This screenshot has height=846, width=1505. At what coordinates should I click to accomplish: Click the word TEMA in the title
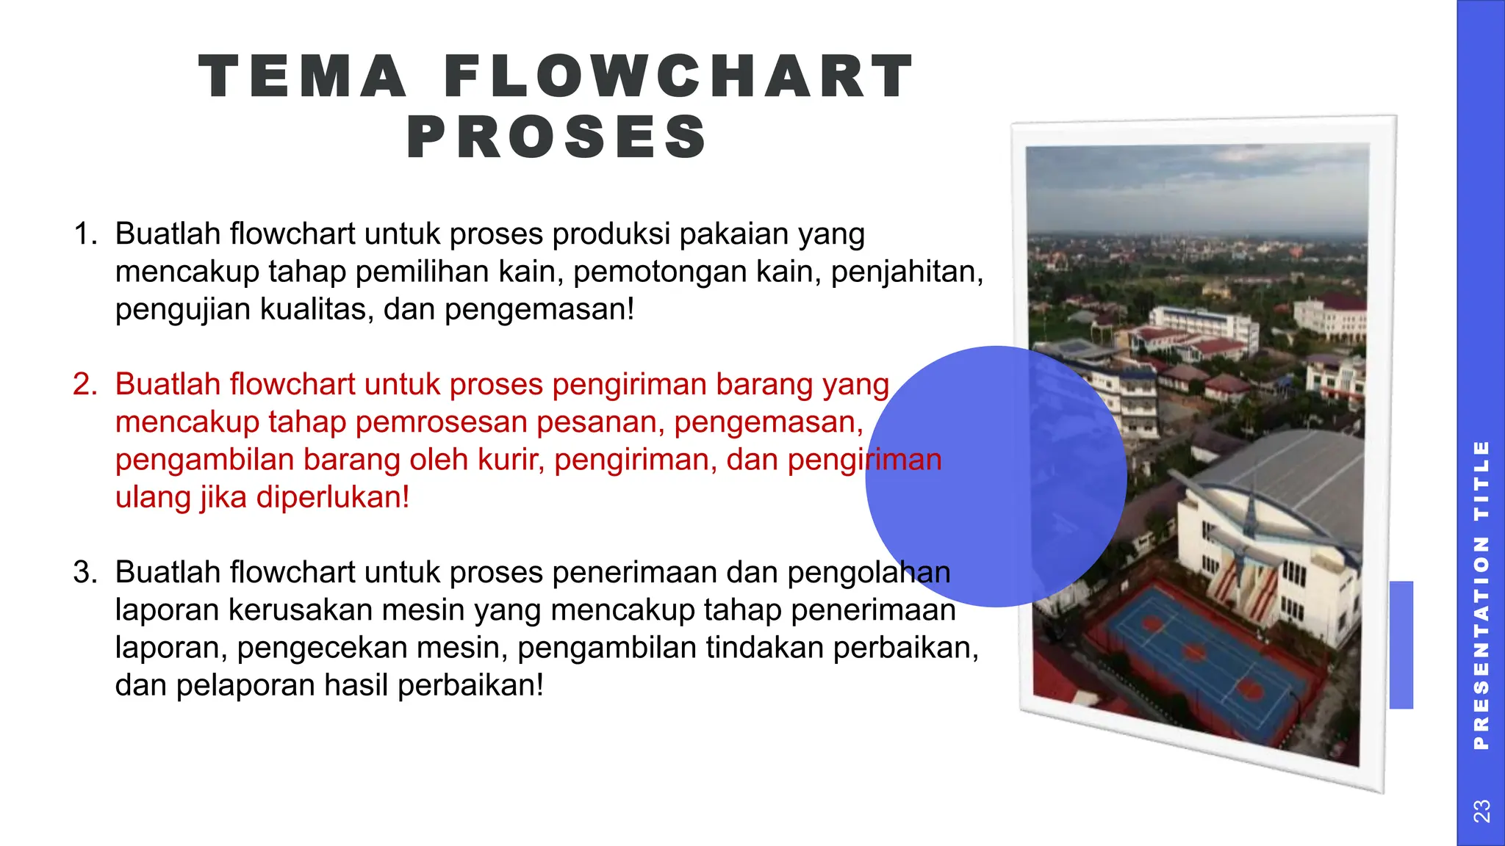(303, 76)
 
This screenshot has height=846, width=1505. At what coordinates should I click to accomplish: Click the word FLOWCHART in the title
(679, 76)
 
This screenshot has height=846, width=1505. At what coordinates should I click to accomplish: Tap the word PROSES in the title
(557, 137)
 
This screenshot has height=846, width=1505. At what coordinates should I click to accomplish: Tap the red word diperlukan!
(332, 498)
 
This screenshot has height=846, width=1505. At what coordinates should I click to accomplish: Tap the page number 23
(1481, 811)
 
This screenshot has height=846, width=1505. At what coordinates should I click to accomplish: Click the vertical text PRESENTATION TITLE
(1481, 595)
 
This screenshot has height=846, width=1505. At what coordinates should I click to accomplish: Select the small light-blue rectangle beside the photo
(1401, 645)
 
